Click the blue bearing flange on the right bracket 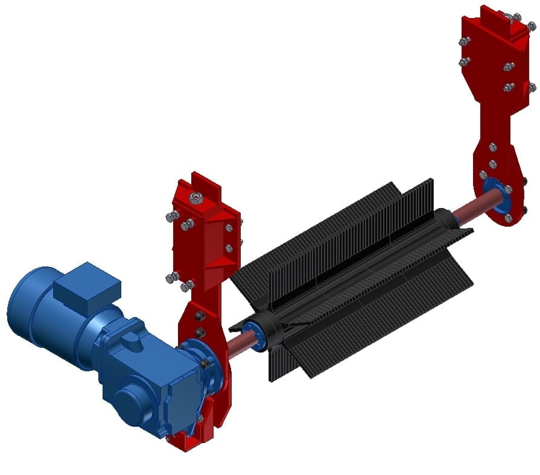coord(498,196)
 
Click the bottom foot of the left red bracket coord(184,442)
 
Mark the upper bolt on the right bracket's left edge coord(465,42)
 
